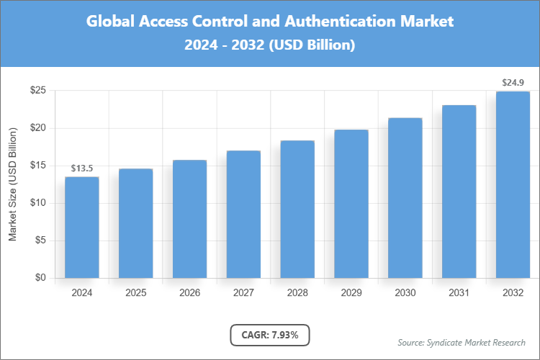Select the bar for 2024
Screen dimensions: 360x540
(x=82, y=227)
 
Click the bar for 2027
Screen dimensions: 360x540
(x=243, y=214)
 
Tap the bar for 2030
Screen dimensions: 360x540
(x=405, y=198)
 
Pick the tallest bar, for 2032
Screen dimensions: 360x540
(x=513, y=184)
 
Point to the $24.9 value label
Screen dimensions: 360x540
(x=513, y=83)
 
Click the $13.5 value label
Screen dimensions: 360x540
(x=83, y=168)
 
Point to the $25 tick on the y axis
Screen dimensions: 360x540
(x=38, y=91)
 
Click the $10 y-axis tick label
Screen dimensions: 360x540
(x=38, y=203)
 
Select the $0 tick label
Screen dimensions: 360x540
(x=41, y=278)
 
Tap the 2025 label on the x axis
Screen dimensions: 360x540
(x=136, y=293)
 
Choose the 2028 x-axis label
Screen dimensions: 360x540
(x=297, y=293)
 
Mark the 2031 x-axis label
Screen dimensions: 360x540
(x=459, y=293)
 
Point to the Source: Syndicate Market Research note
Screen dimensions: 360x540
(x=462, y=342)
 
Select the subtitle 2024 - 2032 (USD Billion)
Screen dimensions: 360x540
(x=270, y=45)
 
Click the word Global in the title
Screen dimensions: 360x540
(x=109, y=22)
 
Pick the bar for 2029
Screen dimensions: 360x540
(x=351, y=204)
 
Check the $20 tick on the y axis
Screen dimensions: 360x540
(x=38, y=128)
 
